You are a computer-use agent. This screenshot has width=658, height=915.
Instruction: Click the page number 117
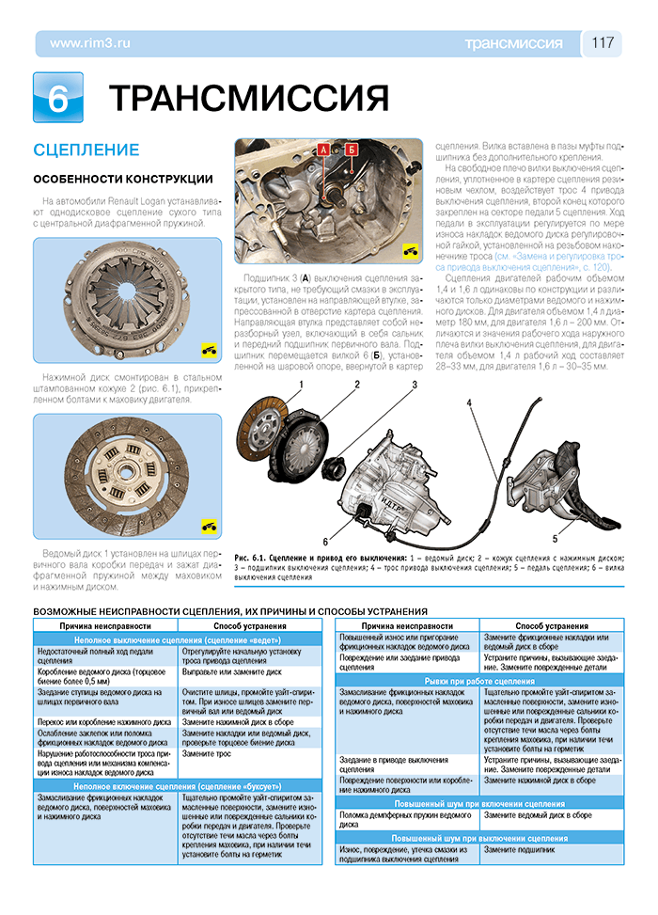(x=603, y=43)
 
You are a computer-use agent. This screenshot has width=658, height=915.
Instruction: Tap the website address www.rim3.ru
(x=89, y=43)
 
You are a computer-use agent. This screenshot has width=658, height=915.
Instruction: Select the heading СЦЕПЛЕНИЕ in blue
(x=86, y=150)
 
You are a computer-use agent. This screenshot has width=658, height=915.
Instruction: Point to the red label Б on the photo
(x=351, y=150)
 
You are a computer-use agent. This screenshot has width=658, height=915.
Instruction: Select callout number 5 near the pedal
(x=555, y=539)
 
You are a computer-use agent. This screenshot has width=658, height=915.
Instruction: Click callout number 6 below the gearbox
(x=324, y=542)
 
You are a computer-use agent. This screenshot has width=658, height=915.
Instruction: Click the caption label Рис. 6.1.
(x=255, y=559)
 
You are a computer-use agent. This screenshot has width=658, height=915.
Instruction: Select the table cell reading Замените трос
(x=207, y=753)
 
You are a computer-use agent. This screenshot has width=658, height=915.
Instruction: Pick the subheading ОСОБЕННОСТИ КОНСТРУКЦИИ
(x=122, y=179)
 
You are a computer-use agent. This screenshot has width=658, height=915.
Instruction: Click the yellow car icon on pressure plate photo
(x=208, y=350)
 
